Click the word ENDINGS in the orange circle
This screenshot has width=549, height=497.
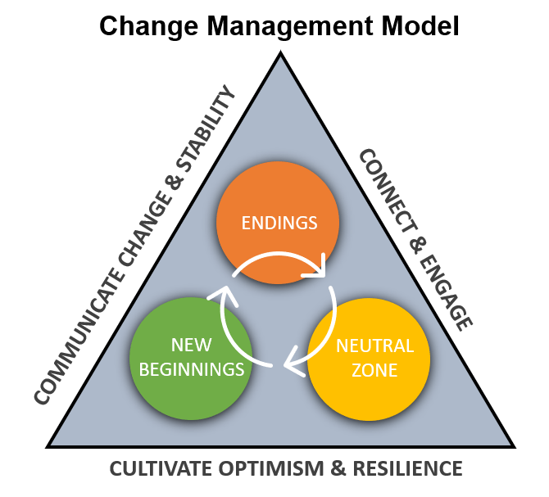click(x=278, y=222)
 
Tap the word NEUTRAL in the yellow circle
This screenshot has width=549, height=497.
click(x=374, y=346)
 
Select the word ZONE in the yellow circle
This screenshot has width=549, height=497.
click(x=374, y=370)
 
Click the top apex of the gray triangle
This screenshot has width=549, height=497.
click(x=281, y=57)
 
